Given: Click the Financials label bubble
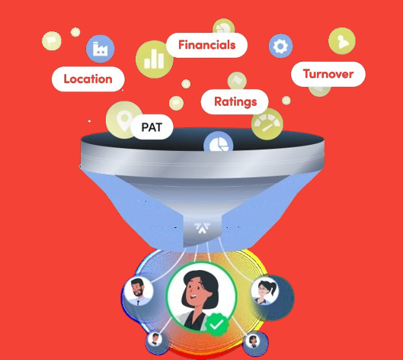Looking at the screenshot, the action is pos(207,45).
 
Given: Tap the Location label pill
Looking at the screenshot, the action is pos(88,79).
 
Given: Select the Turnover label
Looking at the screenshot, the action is pos(328,74).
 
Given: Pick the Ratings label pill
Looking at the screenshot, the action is pos(235,101).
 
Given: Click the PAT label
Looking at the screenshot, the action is pos(152,127).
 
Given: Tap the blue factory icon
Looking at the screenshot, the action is pos(101,49).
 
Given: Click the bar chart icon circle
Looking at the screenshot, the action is pos(154,59).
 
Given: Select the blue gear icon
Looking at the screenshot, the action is pos(280,46).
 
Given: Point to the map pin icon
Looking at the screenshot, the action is pos(123,120).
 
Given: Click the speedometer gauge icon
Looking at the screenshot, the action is pos(267,124).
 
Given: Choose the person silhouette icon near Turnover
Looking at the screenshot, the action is pos(342,41).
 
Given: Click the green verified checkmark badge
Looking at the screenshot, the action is pos(216,324).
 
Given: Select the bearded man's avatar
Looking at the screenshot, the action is pos(139,291).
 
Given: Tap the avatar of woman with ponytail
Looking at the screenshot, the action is pos(264,291).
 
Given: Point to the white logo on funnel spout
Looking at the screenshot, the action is pos(203,228).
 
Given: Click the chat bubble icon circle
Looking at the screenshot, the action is pos(176,103).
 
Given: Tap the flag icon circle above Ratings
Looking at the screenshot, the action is pos(237,81).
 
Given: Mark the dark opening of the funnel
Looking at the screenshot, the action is pos(203,140).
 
